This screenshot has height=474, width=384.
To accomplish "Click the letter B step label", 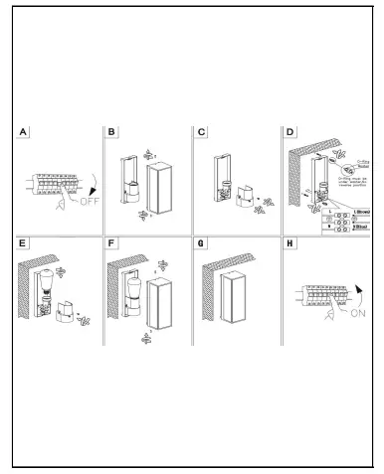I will point(111,131).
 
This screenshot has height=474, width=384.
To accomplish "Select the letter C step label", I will point(202,131).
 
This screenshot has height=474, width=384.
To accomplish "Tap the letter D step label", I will point(289,131).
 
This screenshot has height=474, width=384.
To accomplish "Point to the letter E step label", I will point(24,242).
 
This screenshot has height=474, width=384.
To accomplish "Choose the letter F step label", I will point(111,242).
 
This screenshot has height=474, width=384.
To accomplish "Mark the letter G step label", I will point(202,242).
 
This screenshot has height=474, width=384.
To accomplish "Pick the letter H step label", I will point(289,242).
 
